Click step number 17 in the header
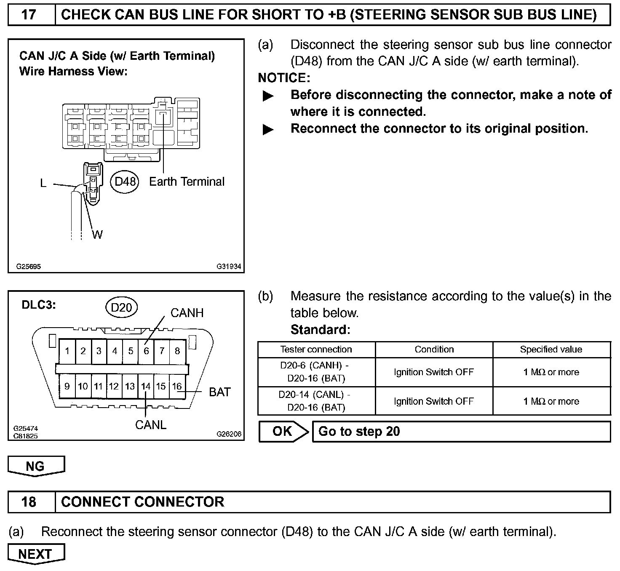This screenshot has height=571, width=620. pos(29,15)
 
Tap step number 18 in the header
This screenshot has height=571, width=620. pos(29,502)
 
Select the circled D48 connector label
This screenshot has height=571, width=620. pos(126,181)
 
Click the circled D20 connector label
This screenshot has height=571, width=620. pos(121,308)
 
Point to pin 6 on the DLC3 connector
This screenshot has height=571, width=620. pos(146,351)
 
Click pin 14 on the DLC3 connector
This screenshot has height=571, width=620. pos(146,386)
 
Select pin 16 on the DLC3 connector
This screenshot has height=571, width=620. pos(177,386)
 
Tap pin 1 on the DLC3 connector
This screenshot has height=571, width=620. pos(67,351)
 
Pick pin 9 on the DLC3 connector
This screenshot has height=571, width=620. pos(67,386)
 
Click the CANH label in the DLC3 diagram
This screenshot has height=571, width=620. pos(187,313)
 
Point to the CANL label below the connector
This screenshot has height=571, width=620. pos(151,425)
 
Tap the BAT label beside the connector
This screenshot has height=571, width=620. pos(219,392)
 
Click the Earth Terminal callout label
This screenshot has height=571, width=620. pos(187,181)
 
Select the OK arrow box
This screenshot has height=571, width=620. pos(283,431)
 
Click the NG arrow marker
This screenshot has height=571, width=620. pos(36,466)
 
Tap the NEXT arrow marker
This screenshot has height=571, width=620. pos(36,554)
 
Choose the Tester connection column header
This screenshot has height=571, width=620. pos(316,350)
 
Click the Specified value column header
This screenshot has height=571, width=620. pos(551,350)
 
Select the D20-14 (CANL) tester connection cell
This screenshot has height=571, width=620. pos(316,401)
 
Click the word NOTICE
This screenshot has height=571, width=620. pos(283,78)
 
